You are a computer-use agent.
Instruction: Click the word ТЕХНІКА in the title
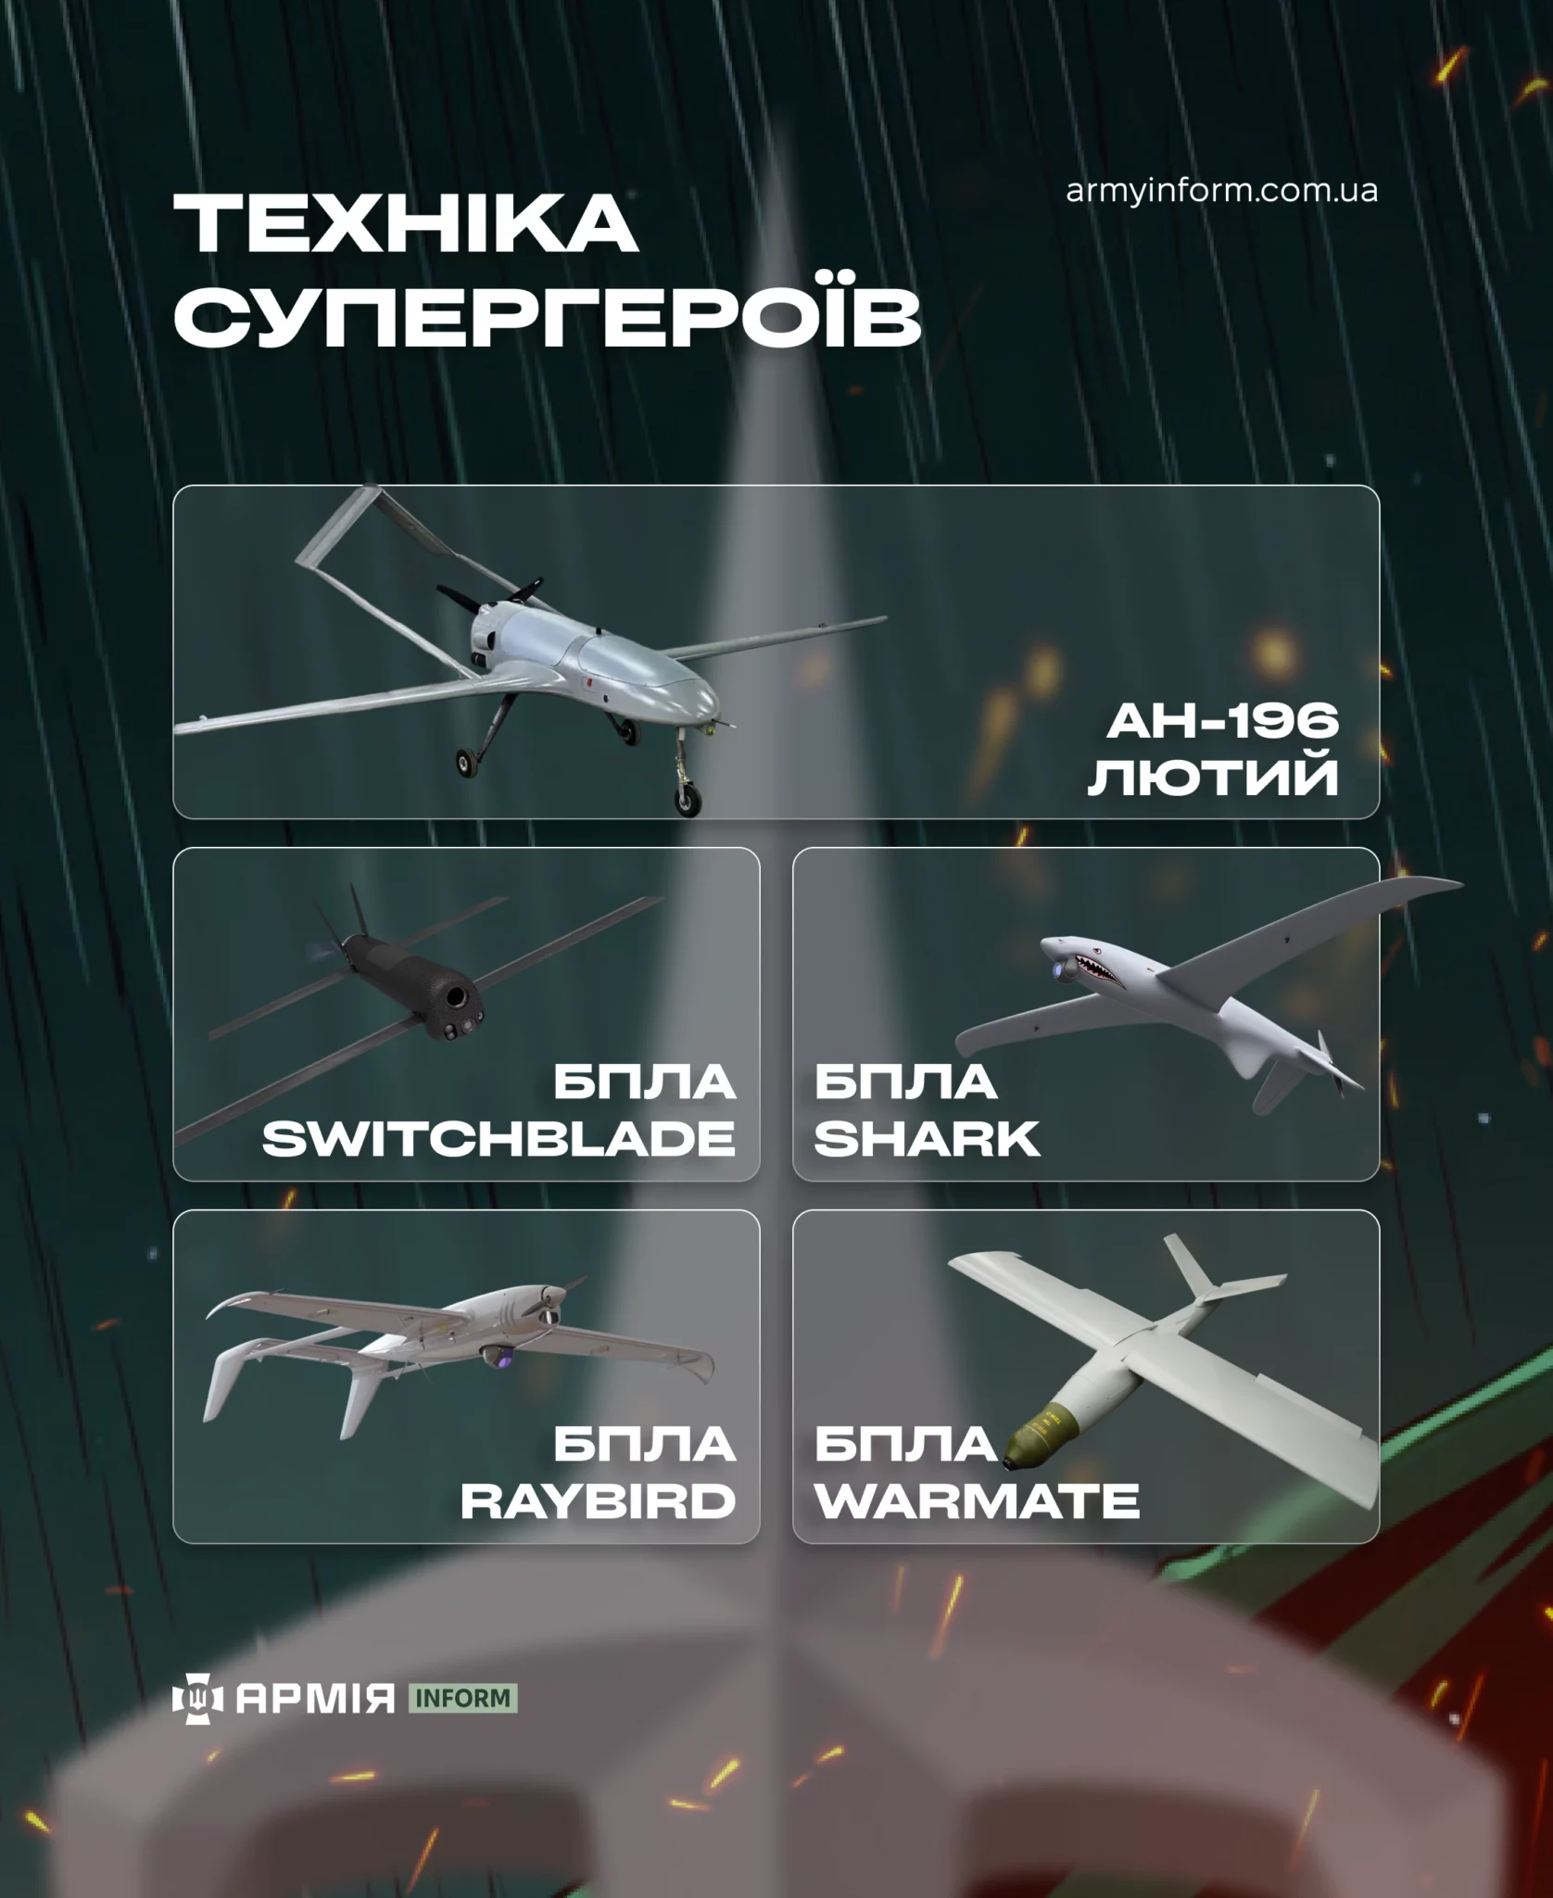(x=405, y=224)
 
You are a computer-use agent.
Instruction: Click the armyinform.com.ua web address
(x=1221, y=192)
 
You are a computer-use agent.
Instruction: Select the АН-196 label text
(x=1223, y=721)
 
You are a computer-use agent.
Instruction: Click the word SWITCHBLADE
(x=499, y=1139)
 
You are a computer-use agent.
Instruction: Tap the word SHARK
(x=927, y=1139)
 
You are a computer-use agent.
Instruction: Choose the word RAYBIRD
(x=598, y=1501)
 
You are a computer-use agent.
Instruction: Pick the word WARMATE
(x=977, y=1501)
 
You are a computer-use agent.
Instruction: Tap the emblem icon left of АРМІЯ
(x=198, y=1699)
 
